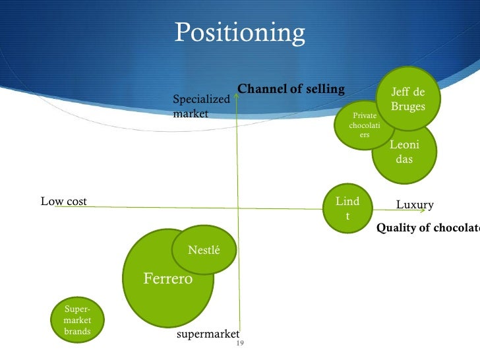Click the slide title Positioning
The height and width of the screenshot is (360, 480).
pyautogui.click(x=239, y=32)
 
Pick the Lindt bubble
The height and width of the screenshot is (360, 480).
pyautogui.click(x=347, y=208)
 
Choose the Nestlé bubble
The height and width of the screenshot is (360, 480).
pyautogui.click(x=204, y=251)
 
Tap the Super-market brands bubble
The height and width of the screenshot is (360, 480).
pyautogui.click(x=77, y=320)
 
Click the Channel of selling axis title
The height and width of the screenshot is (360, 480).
pyautogui.click(x=291, y=89)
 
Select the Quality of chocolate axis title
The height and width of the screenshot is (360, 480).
pyautogui.click(x=427, y=228)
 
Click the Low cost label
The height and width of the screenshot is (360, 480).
pyautogui.click(x=64, y=201)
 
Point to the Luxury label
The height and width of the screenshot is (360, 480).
pyautogui.click(x=415, y=205)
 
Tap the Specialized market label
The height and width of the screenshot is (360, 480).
pyautogui.click(x=200, y=106)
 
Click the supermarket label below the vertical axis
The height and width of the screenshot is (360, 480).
pyautogui.click(x=208, y=334)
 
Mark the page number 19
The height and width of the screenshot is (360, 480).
pyautogui.click(x=240, y=344)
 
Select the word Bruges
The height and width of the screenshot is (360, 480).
pyautogui.click(x=408, y=105)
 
